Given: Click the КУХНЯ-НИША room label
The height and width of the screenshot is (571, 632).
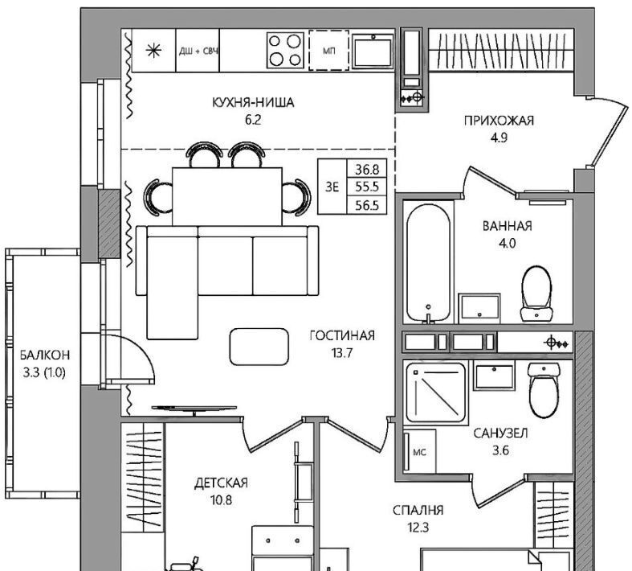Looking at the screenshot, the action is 253,102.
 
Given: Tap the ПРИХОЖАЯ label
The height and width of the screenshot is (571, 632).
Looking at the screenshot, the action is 499,121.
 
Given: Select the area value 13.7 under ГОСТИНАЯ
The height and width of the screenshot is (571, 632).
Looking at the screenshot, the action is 342,353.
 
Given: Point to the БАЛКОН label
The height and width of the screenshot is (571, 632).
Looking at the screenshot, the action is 45,355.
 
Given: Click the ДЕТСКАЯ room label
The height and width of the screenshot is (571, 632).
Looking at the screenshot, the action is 221,483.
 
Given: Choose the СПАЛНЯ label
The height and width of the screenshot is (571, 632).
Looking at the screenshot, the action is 418,510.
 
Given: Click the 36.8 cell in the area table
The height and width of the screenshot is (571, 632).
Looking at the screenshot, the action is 367,169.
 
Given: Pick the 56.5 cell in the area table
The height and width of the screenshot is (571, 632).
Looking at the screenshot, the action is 367,205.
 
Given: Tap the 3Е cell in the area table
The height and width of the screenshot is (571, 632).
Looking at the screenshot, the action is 332,187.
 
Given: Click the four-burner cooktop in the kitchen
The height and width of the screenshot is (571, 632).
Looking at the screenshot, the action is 285,50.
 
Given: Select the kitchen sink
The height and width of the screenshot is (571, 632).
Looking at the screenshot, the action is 373,51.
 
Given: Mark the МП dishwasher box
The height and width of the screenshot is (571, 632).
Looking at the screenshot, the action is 329,51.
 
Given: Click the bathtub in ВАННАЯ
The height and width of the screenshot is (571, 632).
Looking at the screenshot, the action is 428,262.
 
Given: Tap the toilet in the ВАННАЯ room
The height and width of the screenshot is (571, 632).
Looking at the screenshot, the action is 536,294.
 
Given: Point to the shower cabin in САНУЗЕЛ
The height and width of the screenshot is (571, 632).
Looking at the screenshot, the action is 436,392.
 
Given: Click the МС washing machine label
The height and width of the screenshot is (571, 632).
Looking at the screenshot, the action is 419,452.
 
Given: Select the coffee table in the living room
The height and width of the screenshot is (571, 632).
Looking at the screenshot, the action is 259,347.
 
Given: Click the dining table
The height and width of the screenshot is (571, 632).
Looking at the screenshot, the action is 227,196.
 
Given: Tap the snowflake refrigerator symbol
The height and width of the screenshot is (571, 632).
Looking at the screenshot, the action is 153,51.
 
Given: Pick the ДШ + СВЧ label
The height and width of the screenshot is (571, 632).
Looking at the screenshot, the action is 198,51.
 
